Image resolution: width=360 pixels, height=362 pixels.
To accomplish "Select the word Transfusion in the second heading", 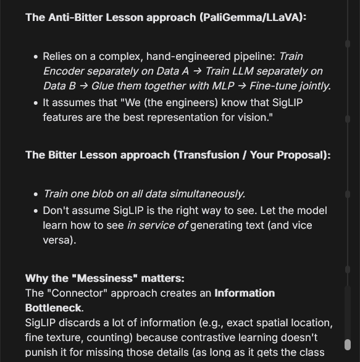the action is click(207, 155).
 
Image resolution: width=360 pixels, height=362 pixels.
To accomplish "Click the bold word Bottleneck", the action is click(53, 307).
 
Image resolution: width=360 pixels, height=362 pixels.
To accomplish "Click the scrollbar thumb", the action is click(347, 344).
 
